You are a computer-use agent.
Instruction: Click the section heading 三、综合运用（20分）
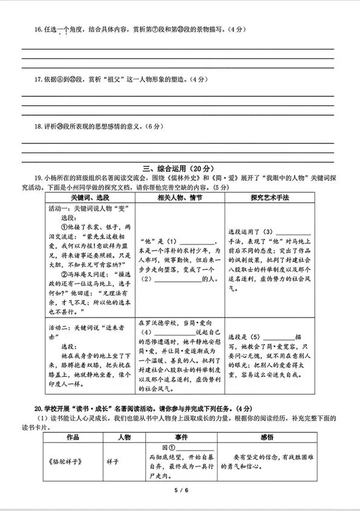(x=179, y=168)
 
